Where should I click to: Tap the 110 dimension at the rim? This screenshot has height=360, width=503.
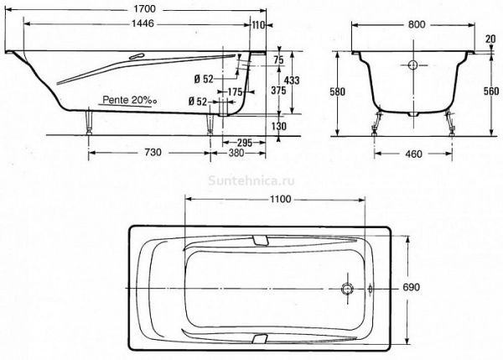[258, 24]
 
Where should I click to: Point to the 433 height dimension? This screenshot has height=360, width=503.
[292, 80]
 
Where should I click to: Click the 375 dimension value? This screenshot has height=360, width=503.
[278, 91]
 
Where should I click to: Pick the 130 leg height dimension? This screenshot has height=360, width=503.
[279, 126]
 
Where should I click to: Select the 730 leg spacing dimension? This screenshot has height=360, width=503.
[153, 152]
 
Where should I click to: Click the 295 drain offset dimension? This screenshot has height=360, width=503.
[245, 143]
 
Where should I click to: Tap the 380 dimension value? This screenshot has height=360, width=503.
[236, 153]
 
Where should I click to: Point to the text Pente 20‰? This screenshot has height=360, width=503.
[130, 100]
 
